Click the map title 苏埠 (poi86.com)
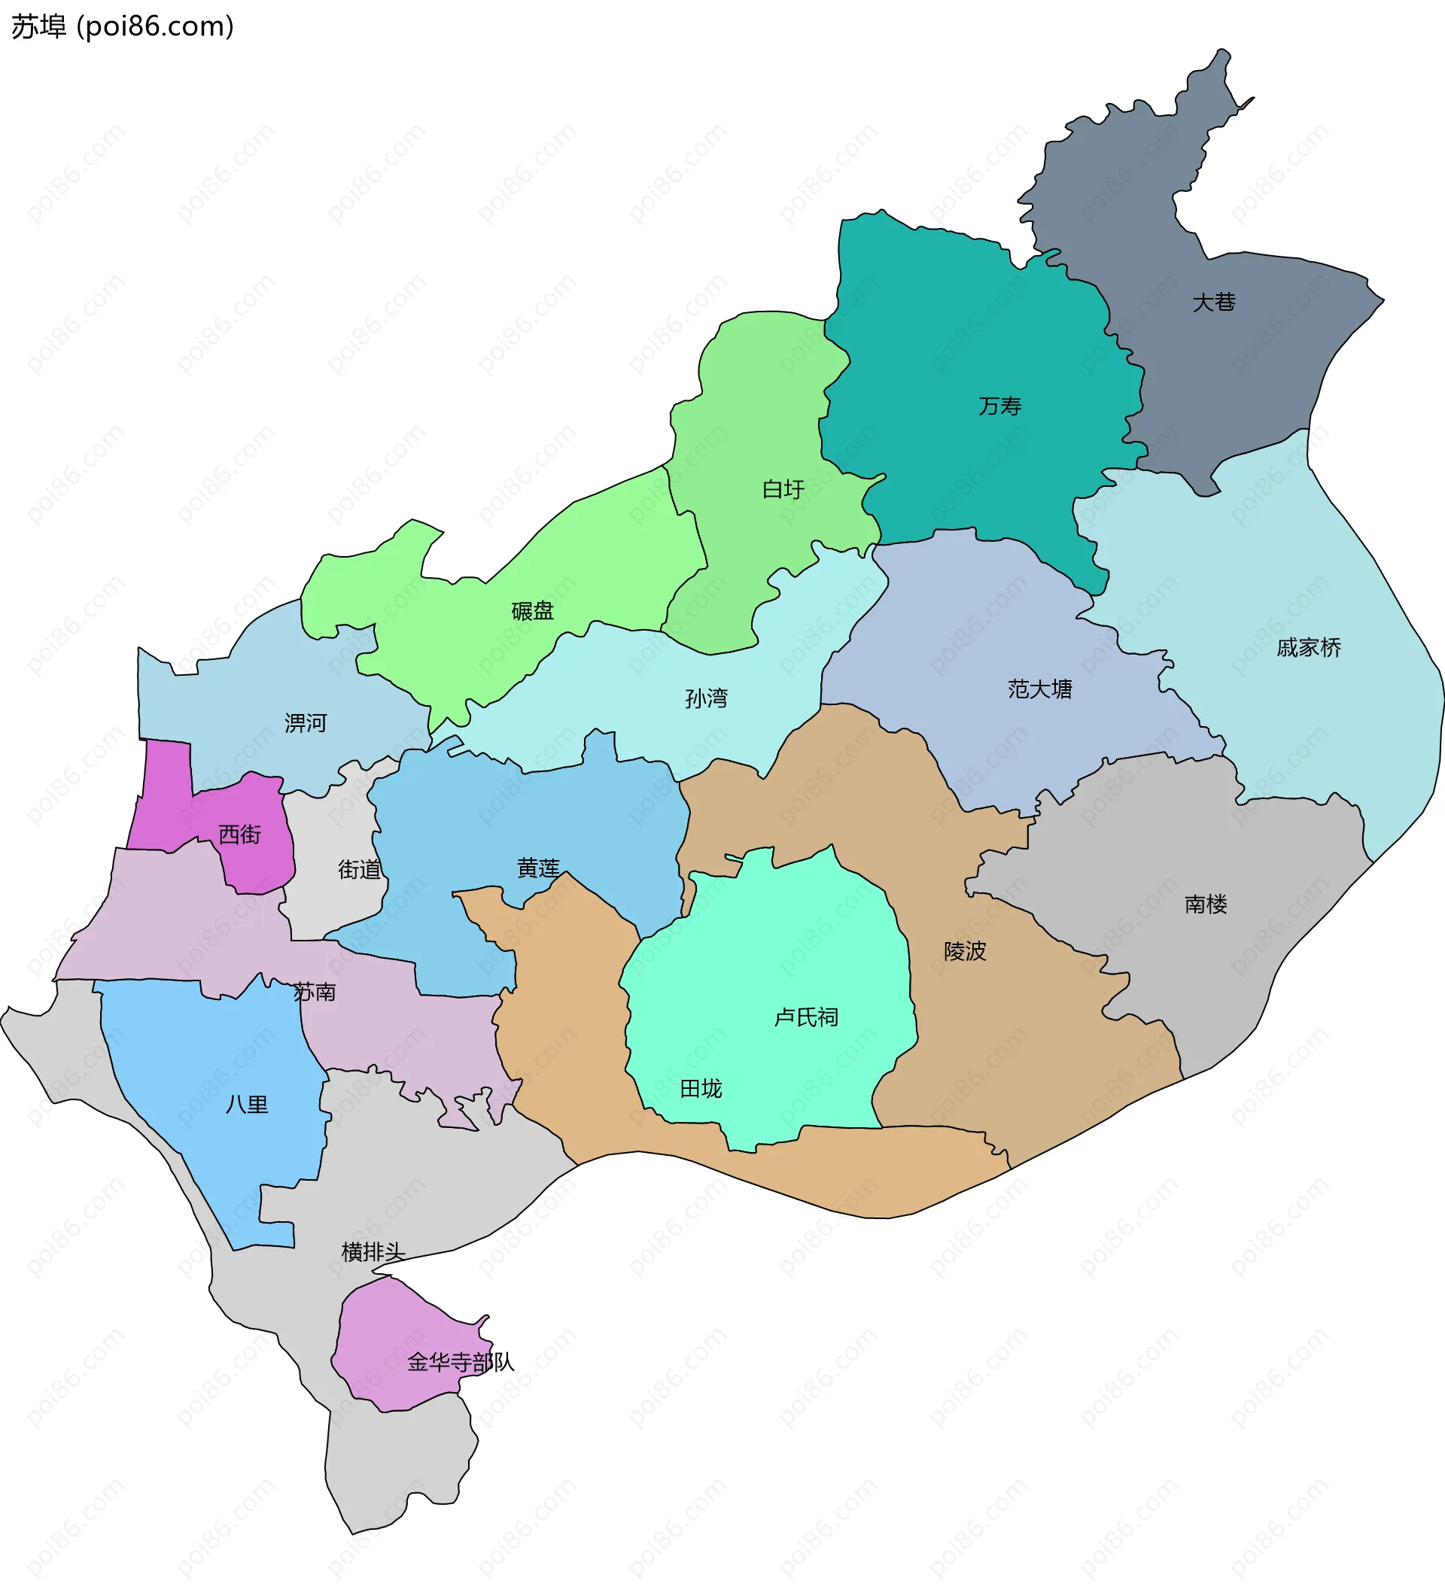point(123,27)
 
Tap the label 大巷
point(1213,303)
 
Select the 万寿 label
point(999,406)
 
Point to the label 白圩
point(783,490)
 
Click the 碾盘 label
point(532,610)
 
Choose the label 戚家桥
point(1308,647)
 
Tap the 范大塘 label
point(1039,689)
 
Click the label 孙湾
point(706,698)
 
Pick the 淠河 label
point(305,723)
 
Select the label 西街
point(239,834)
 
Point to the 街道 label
point(359,869)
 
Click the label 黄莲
point(538,868)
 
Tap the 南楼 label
point(1206,904)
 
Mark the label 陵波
point(964,951)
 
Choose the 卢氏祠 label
point(806,1017)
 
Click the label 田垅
point(700,1088)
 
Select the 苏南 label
point(315,993)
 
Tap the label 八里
point(247,1105)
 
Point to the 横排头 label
point(373,1251)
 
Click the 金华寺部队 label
point(461,1363)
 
